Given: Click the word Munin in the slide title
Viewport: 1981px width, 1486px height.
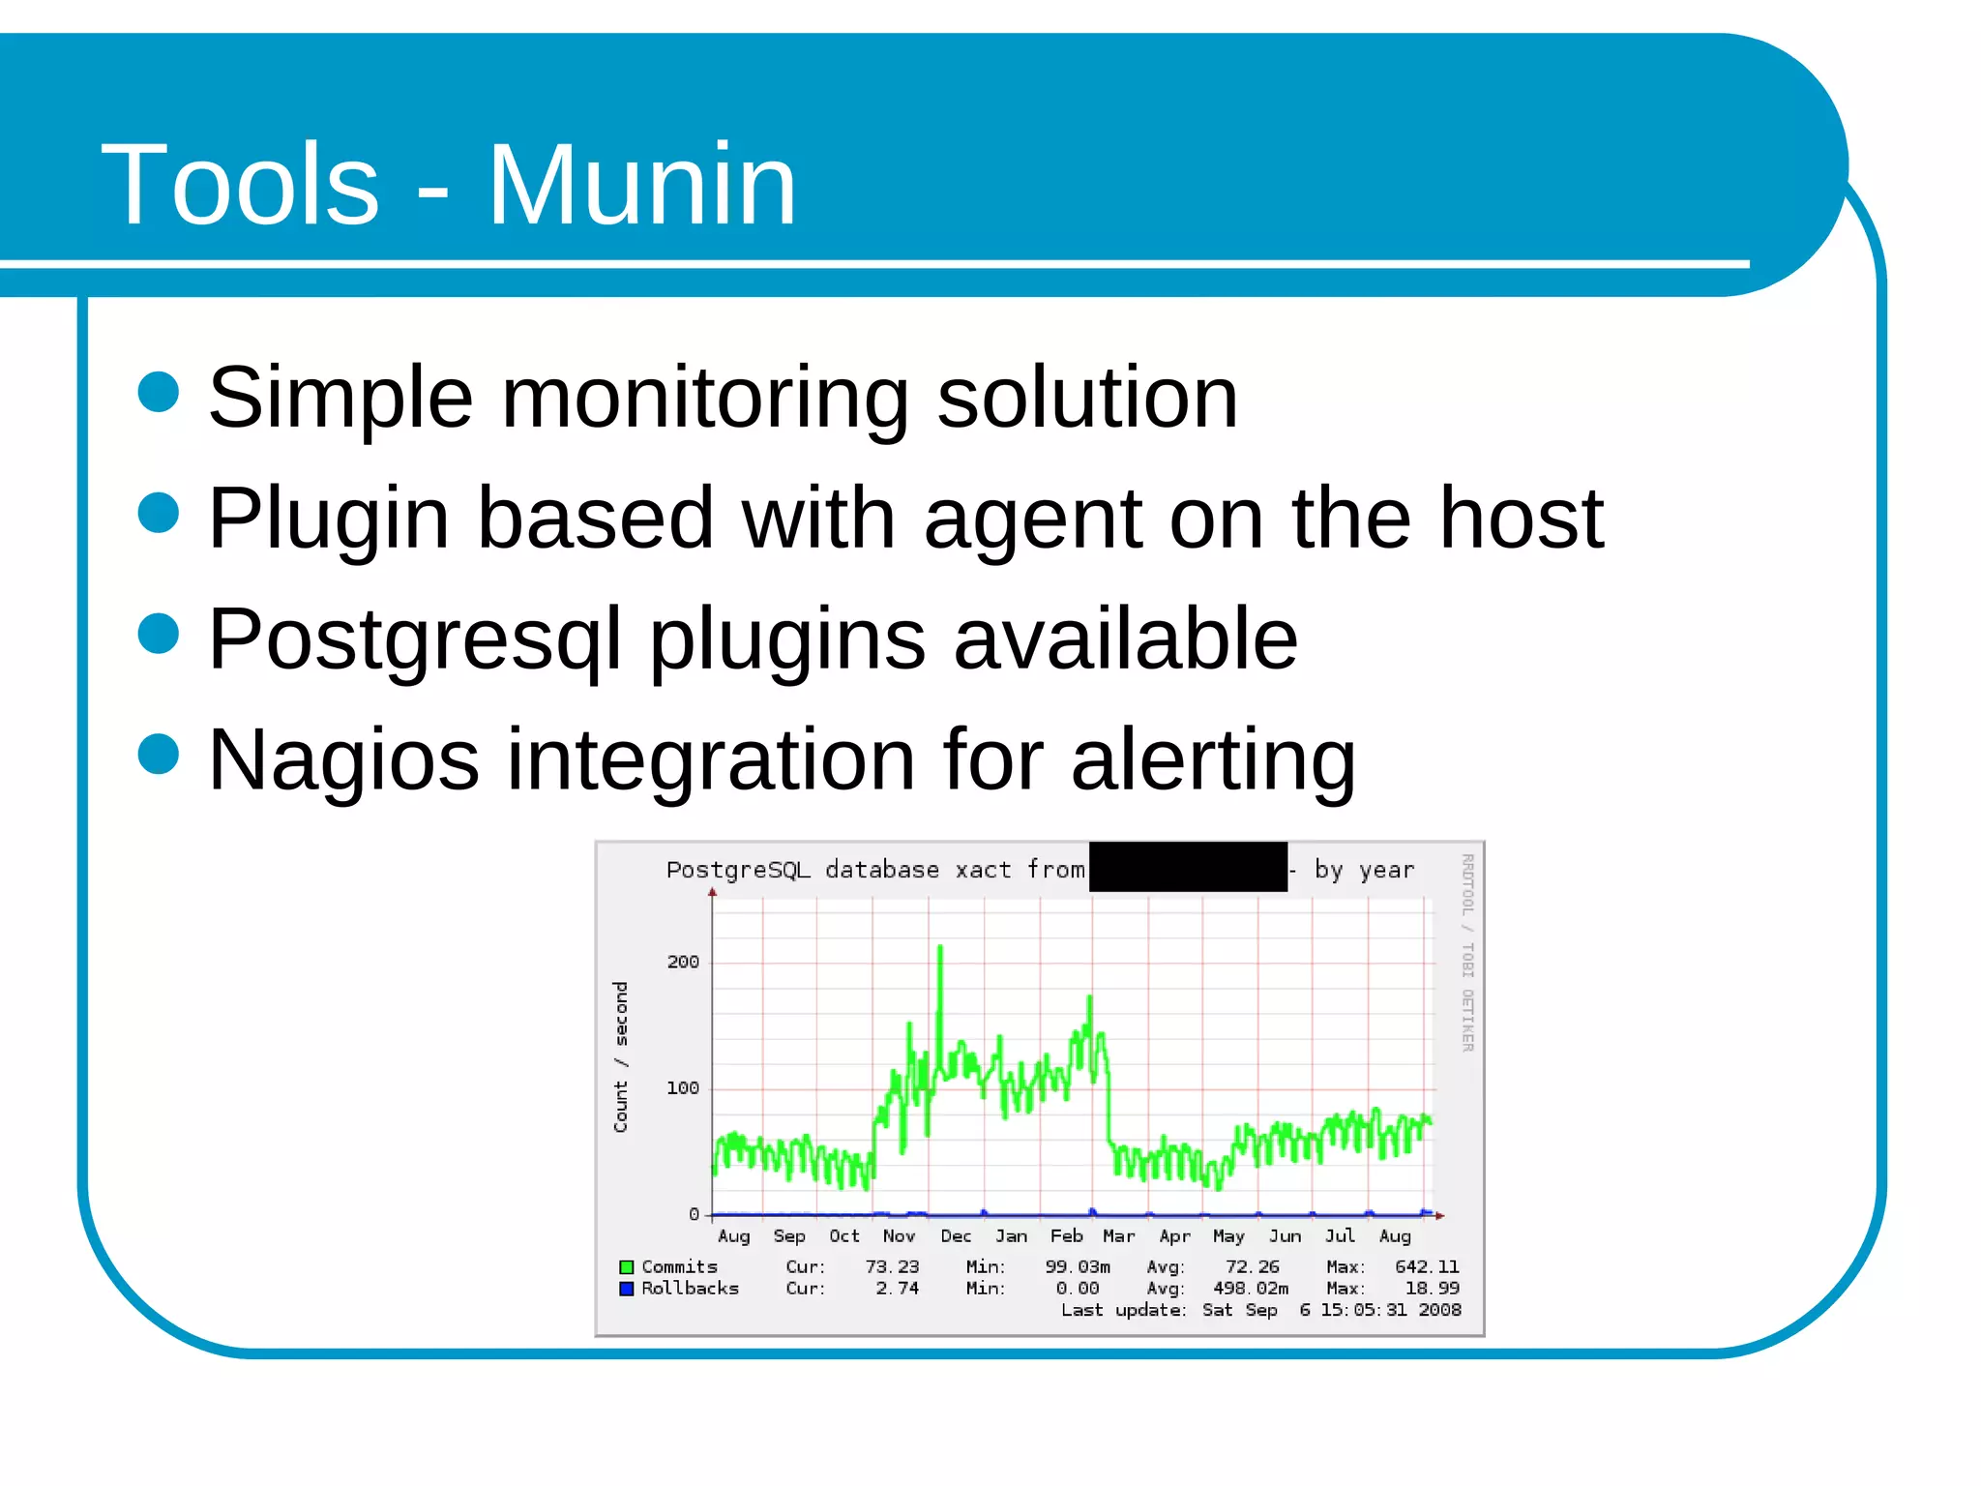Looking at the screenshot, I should point(641,184).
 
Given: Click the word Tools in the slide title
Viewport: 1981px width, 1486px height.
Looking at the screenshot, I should point(240,184).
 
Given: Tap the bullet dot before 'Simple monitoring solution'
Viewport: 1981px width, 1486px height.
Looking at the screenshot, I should point(159,392).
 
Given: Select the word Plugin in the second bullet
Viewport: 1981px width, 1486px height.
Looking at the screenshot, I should point(329,520).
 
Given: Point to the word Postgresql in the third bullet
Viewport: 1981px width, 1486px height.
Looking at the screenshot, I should point(414,640).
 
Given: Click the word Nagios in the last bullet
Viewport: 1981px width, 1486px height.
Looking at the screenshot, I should point(343,761).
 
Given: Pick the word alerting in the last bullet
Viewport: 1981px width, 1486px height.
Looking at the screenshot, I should point(1213,761).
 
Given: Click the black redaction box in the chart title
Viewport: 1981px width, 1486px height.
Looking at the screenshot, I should point(1188,867).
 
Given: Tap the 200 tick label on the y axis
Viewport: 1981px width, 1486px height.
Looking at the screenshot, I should point(683,962).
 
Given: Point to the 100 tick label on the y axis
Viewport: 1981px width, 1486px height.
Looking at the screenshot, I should point(683,1088).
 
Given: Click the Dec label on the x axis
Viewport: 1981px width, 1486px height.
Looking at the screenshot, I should point(956,1236).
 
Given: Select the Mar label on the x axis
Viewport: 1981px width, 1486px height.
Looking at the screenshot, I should point(1119,1236).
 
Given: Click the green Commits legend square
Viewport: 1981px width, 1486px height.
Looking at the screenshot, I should point(627,1267).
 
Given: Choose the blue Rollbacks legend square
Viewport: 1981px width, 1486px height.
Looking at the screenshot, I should point(627,1289).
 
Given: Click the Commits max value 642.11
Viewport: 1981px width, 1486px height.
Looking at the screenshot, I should point(1427,1267).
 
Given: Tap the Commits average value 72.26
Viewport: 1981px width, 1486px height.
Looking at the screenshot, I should point(1252,1267).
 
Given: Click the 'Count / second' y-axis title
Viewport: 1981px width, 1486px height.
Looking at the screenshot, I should point(621,1056).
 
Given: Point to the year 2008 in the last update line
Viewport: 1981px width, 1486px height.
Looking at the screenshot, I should point(1439,1310).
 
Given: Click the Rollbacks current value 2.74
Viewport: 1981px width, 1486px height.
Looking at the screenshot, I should point(897,1289).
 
